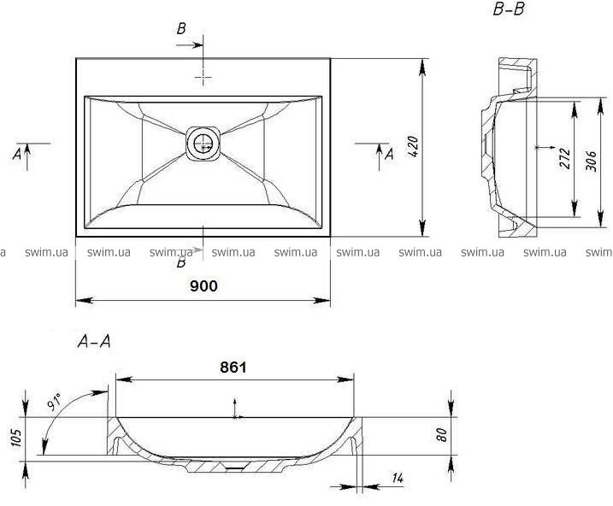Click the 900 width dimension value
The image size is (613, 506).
click(203, 286)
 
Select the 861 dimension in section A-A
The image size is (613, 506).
click(233, 368)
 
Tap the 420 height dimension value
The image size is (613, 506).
click(413, 146)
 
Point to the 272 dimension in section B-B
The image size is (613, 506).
click(564, 158)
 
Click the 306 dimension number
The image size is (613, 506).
click(591, 161)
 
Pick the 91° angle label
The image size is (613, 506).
click(55, 403)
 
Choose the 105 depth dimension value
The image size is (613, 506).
click(16, 438)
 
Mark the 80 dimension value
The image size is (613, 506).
click(441, 435)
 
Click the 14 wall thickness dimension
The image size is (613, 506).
click(398, 478)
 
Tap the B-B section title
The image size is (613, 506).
click(509, 9)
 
